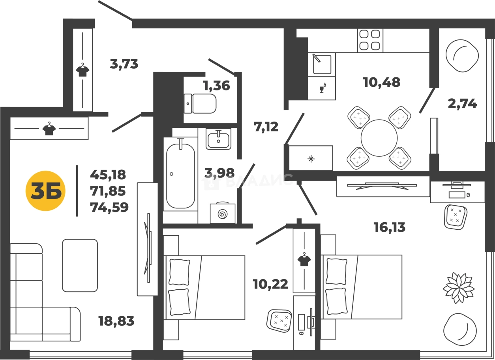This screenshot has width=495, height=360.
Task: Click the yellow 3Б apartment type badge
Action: point(45,191)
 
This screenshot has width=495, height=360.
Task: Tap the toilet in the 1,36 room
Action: point(200,103)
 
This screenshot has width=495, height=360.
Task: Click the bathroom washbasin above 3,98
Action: point(218,139)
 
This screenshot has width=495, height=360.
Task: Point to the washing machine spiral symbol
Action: point(223,214)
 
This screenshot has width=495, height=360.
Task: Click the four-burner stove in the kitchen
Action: point(370,40)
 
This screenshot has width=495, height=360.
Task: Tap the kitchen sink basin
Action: point(322,64)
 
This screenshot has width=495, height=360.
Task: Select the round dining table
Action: point(379,138)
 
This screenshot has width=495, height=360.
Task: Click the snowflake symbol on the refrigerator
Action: point(311,159)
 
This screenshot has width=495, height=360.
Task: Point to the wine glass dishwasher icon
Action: point(322,88)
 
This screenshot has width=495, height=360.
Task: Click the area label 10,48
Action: point(381,82)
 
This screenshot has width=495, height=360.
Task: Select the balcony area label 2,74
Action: point(462,104)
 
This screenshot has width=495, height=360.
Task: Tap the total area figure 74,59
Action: point(109,207)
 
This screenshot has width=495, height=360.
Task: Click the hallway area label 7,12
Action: point(266,127)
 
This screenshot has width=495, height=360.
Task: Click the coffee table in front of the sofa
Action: point(80,265)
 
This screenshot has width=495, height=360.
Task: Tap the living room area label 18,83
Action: point(116,321)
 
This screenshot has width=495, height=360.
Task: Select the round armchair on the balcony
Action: point(462,56)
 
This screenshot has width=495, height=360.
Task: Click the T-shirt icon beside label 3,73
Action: point(82,69)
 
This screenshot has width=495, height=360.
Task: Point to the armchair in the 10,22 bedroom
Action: point(279,321)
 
